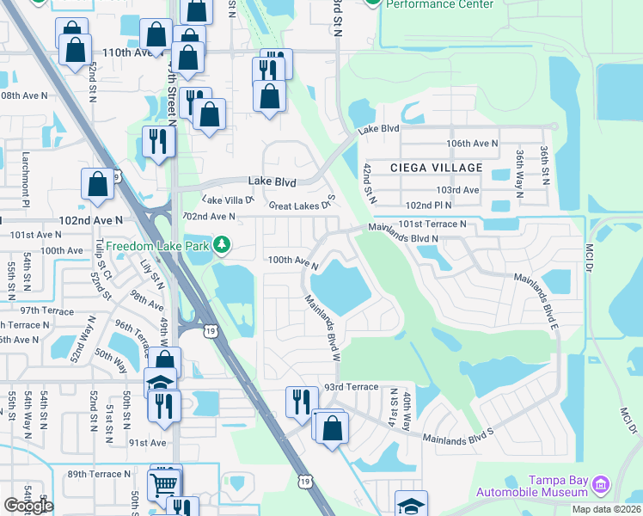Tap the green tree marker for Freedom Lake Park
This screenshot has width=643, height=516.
[223, 246]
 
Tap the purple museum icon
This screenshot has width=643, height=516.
[601, 486]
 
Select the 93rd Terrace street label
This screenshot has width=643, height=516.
[350, 387]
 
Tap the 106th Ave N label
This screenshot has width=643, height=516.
[472, 144]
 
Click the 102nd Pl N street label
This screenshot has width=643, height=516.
[430, 206]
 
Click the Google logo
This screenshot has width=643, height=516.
[28, 506]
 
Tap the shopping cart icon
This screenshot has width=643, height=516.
[165, 483]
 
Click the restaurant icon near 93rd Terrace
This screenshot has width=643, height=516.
[302, 402]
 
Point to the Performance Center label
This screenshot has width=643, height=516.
[440, 4]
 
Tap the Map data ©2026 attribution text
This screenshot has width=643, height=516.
[607, 509]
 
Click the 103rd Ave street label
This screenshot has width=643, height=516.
[457, 189]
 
